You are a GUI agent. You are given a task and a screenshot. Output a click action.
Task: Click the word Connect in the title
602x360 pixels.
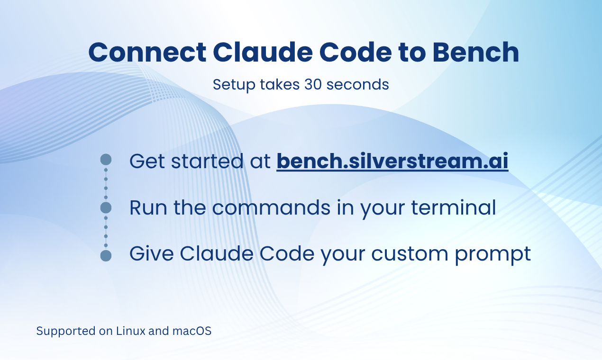pos(147,53)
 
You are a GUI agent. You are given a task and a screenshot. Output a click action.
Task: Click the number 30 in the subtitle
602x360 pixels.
pos(313,84)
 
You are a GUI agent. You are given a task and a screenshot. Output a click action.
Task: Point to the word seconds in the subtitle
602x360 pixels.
pos(357,84)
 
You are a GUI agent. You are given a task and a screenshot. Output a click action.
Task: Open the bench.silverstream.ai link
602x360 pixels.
pos(392,161)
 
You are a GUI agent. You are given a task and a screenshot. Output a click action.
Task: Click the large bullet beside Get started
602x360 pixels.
pos(106,160)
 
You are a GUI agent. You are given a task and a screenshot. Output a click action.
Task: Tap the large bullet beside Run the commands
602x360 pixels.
pos(106,207)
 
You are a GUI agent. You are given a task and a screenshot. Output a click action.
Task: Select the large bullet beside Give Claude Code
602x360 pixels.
pos(106,255)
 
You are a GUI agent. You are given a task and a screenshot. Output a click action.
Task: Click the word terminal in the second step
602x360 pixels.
pos(454,207)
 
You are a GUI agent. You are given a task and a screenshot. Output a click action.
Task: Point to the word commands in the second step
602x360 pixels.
pos(271,207)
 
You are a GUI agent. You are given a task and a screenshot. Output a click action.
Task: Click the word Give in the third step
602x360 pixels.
pos(152,253)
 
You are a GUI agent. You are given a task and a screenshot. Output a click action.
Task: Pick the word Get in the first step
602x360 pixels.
pos(147,161)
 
